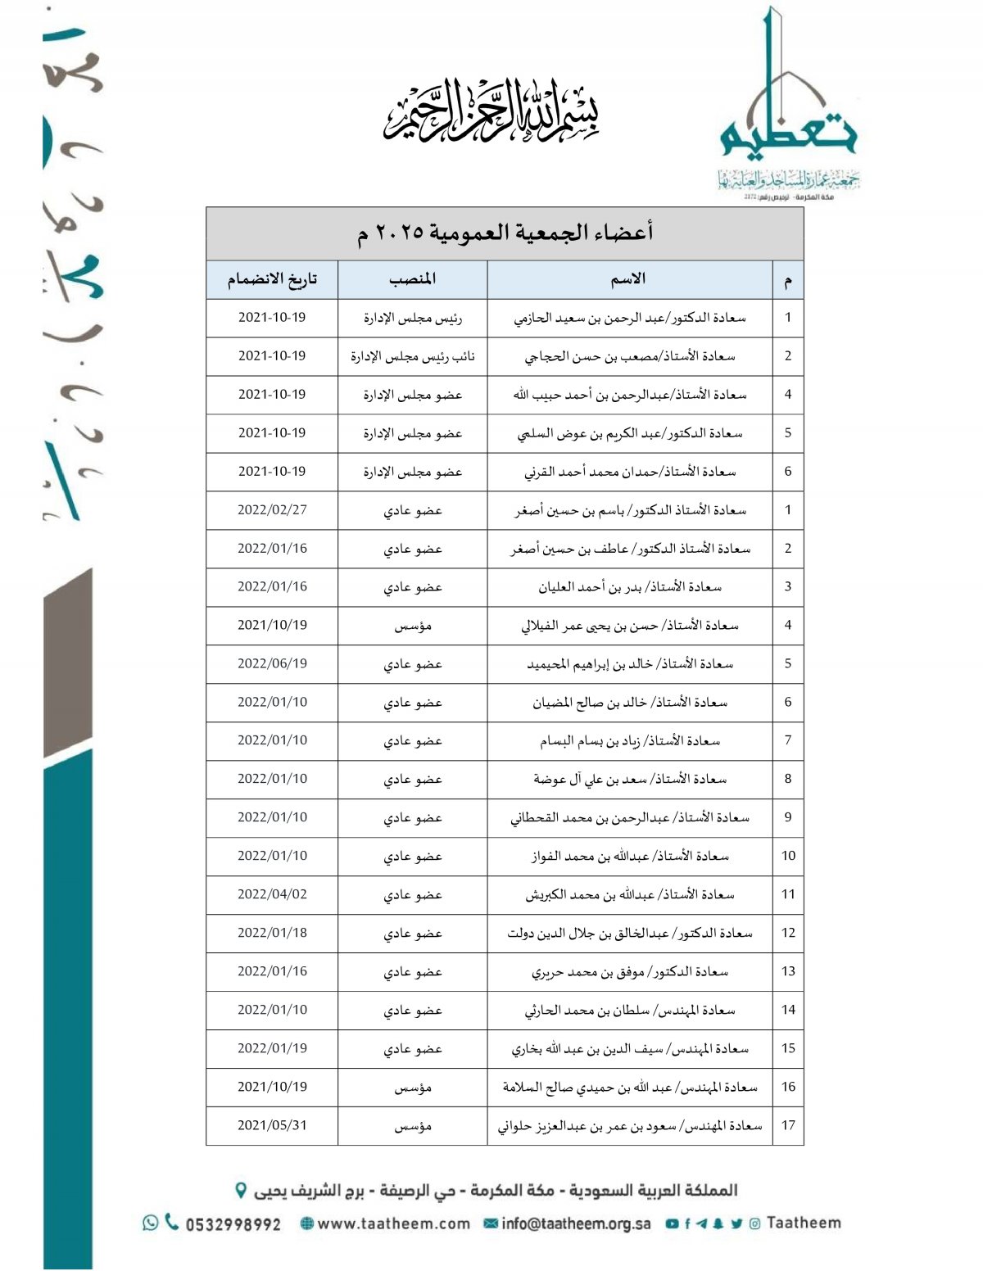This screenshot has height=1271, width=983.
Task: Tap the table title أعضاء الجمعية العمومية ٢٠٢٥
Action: click(x=505, y=233)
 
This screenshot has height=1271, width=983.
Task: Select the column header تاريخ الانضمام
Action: click(x=272, y=279)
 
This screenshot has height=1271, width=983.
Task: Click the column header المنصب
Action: click(x=412, y=279)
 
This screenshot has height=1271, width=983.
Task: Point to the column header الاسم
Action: click(x=628, y=279)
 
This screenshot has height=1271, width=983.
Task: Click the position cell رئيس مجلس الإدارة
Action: click(x=412, y=318)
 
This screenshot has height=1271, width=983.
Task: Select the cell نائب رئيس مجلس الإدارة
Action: click(x=412, y=356)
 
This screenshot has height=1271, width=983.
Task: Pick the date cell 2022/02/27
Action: click(x=272, y=509)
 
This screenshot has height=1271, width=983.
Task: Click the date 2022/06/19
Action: click(x=272, y=663)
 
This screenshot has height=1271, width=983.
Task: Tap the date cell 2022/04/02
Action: click(x=272, y=894)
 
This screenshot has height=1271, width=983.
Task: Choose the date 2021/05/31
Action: click(x=272, y=1125)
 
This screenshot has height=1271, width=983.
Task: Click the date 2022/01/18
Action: click(x=272, y=933)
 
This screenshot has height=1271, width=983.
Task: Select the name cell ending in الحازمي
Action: click(x=629, y=318)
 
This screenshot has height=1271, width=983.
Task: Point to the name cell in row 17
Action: click(x=629, y=1126)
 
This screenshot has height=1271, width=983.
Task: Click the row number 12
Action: click(x=788, y=933)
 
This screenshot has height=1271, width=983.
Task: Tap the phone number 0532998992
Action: click(x=233, y=1224)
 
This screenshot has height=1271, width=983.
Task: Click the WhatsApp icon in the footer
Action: click(x=151, y=1223)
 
